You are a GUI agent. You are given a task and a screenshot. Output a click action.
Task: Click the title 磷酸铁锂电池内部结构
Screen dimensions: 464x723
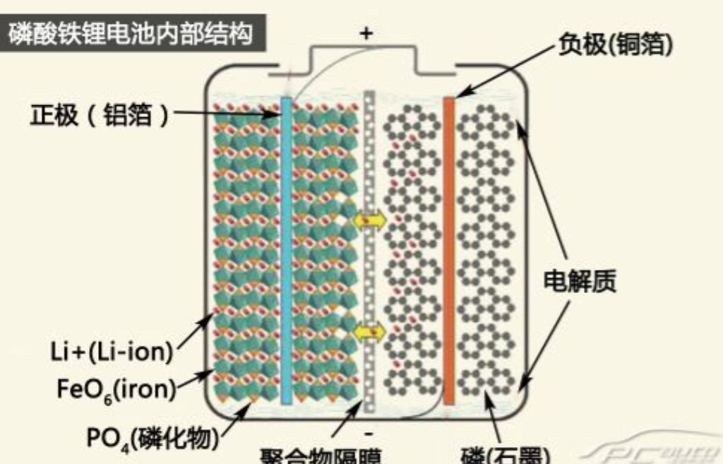click(131, 32)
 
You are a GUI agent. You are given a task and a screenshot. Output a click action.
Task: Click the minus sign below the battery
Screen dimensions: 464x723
click(370, 432)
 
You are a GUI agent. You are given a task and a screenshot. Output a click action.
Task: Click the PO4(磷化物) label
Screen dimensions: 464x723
click(149, 438)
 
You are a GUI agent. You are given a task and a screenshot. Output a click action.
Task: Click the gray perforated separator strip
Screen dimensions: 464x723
click(369, 282)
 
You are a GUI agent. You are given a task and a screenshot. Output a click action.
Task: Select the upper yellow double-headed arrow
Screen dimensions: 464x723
click(369, 220)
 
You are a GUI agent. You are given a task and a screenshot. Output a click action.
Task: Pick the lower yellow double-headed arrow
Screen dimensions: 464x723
click(369, 331)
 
